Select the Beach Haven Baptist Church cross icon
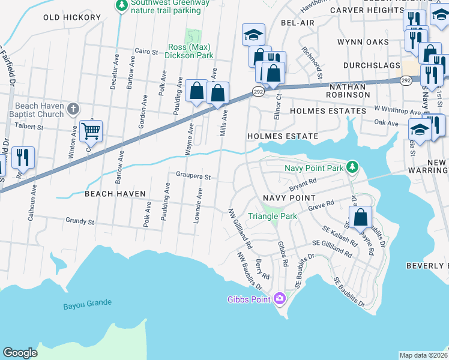click(x=73, y=109)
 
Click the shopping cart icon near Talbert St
click(x=91, y=130)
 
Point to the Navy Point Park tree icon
click(x=354, y=166)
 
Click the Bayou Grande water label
click(x=88, y=305)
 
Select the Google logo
click(x=20, y=353)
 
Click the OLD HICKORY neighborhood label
click(x=72, y=17)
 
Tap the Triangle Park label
click(x=273, y=216)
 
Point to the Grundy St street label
click(x=80, y=222)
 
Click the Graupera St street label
click(x=193, y=177)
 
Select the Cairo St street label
click(x=146, y=52)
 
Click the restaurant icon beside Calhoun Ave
click(x=23, y=157)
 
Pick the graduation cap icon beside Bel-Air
click(x=253, y=34)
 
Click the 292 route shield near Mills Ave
click(x=258, y=91)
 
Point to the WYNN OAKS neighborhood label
click(x=363, y=42)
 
